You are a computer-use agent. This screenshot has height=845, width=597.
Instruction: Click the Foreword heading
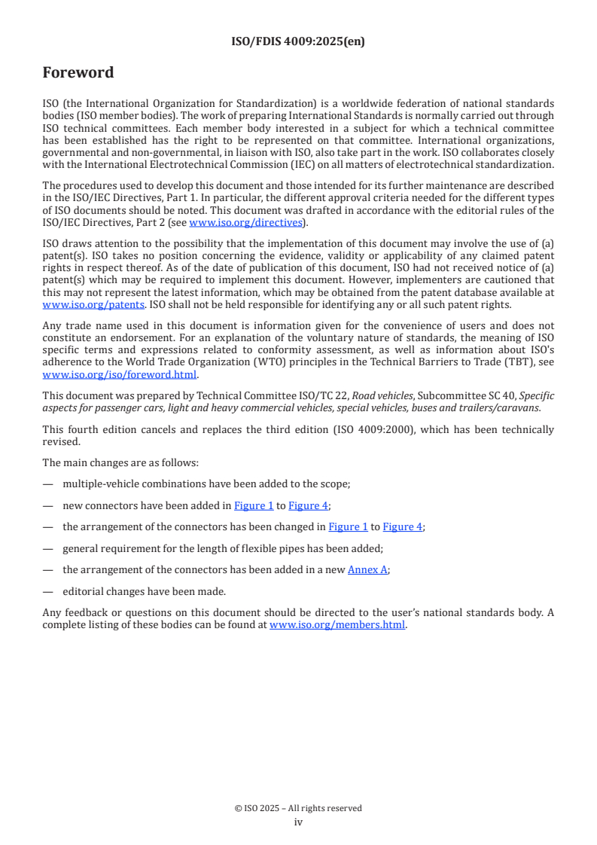pos(78,73)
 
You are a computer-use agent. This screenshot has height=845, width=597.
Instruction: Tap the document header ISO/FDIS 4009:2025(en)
pos(298,42)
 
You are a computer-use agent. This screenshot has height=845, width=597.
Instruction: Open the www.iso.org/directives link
pos(245,222)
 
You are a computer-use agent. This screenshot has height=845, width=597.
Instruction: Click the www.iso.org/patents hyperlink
pos(75,305)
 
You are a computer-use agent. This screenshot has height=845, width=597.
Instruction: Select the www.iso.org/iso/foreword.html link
pos(120,374)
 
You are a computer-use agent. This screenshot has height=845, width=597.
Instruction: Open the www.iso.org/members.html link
pos(337,624)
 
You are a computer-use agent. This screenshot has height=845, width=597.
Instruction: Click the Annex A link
pos(367,570)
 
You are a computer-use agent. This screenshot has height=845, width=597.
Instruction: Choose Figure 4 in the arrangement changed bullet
pos(403,527)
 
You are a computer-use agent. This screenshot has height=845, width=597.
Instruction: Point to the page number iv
pos(298,822)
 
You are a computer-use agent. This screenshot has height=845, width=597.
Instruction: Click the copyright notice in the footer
pos(298,808)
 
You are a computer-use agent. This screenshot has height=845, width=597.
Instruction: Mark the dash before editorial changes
pos(48,592)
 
